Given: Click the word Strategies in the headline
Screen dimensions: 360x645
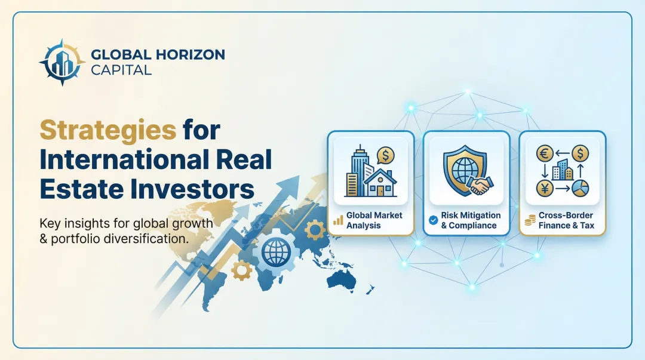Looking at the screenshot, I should pyautogui.click(x=107, y=130).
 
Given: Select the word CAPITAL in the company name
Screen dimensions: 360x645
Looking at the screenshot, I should pyautogui.click(x=121, y=69).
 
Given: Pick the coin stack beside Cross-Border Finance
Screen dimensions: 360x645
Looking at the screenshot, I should pyautogui.click(x=530, y=221).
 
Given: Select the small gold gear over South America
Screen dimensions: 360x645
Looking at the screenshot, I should pyautogui.click(x=241, y=270).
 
